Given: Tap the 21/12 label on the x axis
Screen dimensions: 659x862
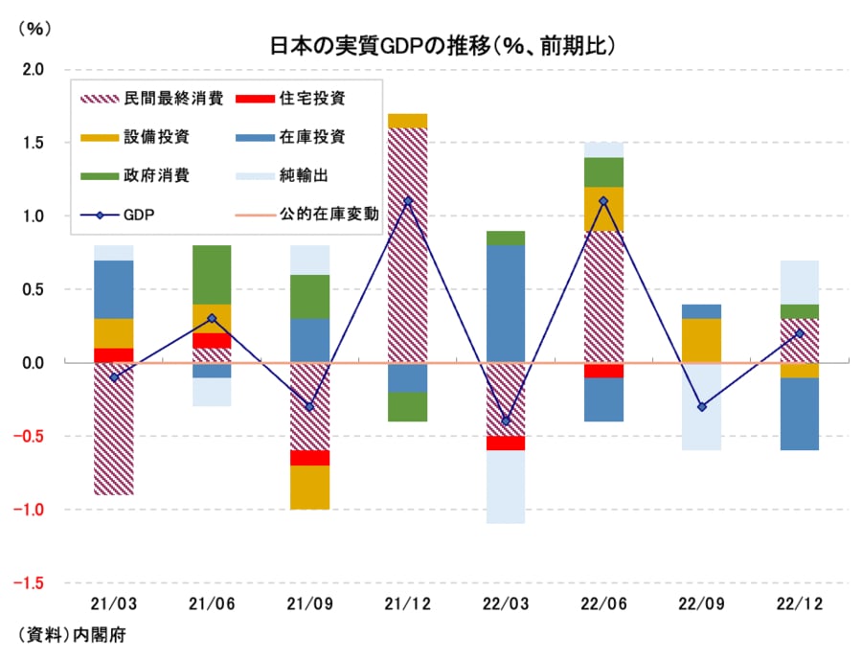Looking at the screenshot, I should click(407, 606).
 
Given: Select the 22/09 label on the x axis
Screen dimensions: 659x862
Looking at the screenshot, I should click(702, 606).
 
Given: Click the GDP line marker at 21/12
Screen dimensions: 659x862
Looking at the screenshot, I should click(408, 201).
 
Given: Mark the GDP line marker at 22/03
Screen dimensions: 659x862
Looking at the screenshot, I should click(506, 421).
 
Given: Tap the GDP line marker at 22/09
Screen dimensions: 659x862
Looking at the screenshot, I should click(702, 407).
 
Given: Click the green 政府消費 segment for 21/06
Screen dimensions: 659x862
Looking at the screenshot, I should click(212, 275).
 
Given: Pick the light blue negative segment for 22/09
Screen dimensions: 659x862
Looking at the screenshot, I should click(702, 406).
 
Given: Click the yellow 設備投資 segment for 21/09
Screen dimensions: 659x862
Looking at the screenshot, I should click(309, 488).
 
